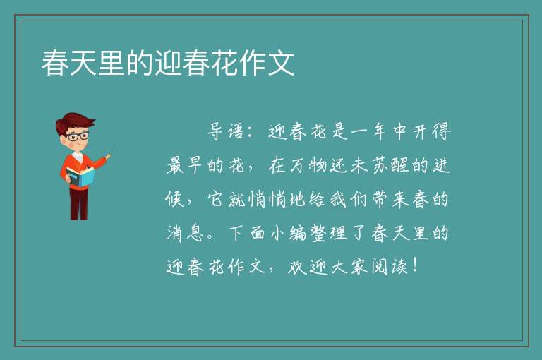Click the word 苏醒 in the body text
click(x=390, y=165)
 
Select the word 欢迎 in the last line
click(x=307, y=267)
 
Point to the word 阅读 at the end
click(x=390, y=267)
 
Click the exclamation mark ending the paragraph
click(x=415, y=265)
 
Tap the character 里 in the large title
click(x=111, y=63)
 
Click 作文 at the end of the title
click(x=267, y=63)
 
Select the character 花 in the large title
click(x=224, y=63)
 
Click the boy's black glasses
click(x=78, y=136)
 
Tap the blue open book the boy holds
click(x=80, y=176)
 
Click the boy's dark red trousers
click(x=79, y=204)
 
